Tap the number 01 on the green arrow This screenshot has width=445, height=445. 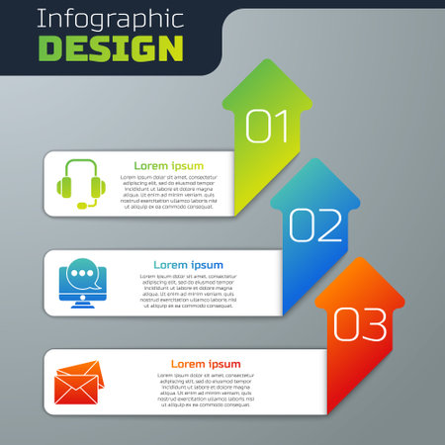[x=266, y=126]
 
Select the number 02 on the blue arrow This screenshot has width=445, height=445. [x=315, y=226]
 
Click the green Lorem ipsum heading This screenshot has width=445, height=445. [x=170, y=165]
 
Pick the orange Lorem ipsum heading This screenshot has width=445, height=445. [x=206, y=364]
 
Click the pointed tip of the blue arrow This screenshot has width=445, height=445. [x=314, y=158]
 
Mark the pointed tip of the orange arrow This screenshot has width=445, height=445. [x=363, y=257]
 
